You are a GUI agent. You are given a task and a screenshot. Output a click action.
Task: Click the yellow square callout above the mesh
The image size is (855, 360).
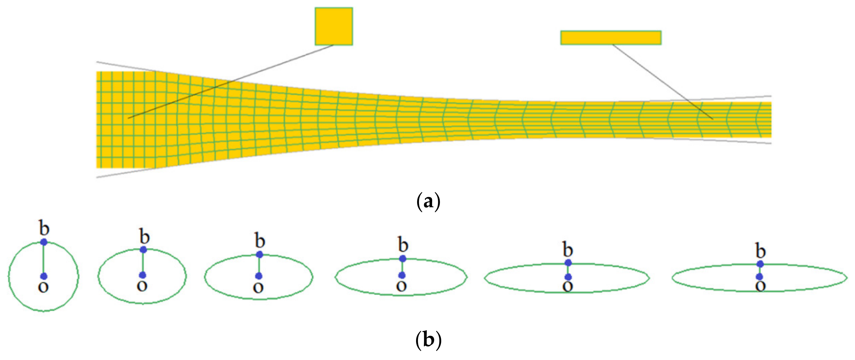tap(334, 26)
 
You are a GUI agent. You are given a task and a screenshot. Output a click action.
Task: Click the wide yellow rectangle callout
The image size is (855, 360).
tap(611, 38)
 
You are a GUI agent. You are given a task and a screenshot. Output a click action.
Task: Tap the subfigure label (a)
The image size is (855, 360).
tap(428, 201)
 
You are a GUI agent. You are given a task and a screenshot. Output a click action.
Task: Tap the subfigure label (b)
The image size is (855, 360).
tap(428, 340)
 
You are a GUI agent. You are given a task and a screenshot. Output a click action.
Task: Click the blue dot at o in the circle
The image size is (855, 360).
tap(44, 276)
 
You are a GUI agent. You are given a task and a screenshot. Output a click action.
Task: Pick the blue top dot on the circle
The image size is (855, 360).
tap(44, 242)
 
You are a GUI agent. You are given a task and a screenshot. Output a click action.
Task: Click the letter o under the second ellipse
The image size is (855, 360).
tap(142, 286)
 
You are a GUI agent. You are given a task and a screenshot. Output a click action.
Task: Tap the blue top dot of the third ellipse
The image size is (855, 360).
tap(260, 254)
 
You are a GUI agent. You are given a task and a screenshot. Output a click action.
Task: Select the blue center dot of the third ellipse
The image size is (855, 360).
tap(259, 276)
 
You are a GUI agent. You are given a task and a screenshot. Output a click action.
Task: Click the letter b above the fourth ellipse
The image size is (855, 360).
tap(403, 245)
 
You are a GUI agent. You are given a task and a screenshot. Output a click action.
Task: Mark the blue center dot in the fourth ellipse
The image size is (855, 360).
tap(402, 275)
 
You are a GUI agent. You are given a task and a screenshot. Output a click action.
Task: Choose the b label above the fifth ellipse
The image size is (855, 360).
tap(568, 249)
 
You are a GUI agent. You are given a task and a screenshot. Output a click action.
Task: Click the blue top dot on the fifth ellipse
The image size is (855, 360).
tap(568, 263)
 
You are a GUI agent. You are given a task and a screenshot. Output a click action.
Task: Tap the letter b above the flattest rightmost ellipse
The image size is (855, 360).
tap(760, 251)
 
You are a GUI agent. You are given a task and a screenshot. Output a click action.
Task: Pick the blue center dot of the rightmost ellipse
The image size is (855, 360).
tap(760, 277)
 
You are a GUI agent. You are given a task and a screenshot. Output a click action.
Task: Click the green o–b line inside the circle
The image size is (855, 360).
tap(44, 259)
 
